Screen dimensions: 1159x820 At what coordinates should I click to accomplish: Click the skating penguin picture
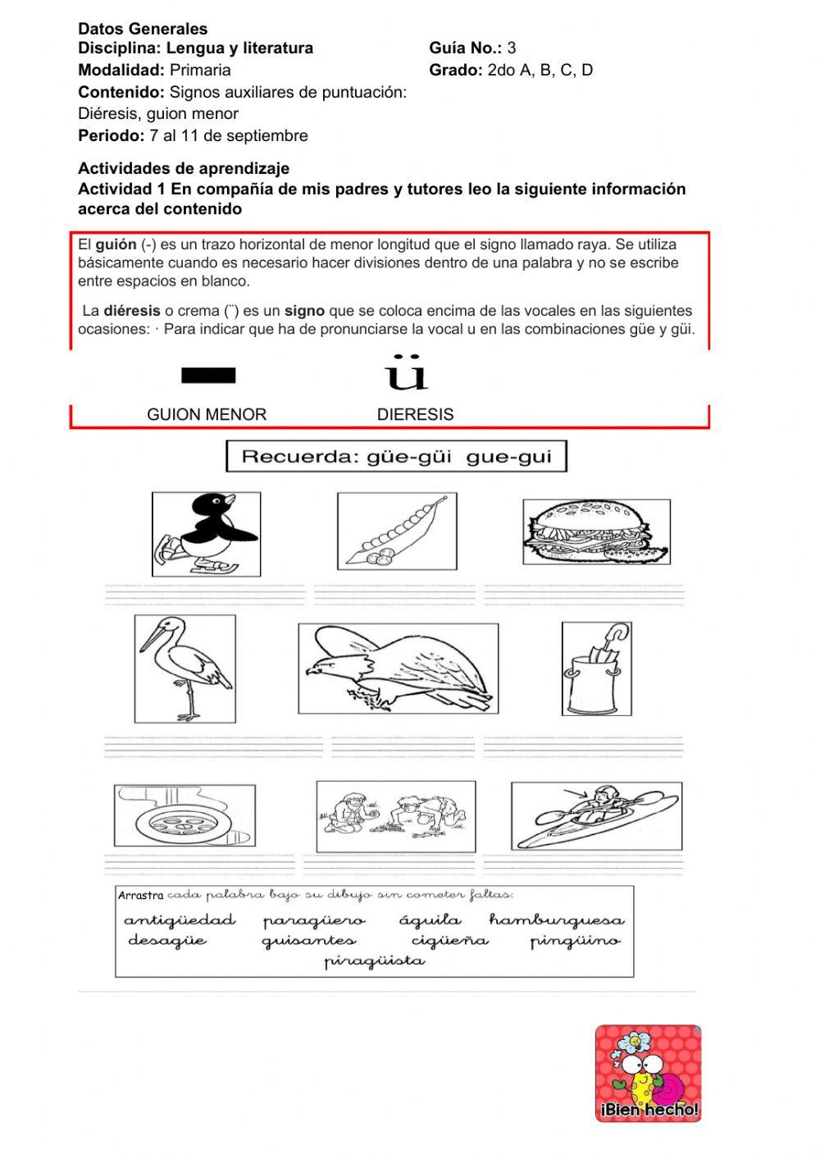coord(207,533)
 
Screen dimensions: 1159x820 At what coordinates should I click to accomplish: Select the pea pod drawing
coord(397,531)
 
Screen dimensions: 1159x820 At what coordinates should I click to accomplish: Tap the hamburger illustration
coord(596,532)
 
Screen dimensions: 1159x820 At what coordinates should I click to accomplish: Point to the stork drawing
coord(185,668)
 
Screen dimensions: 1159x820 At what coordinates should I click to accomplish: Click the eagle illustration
coord(398,668)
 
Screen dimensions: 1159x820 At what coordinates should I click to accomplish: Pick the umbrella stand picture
coord(596,668)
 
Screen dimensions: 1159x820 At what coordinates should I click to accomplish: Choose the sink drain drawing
coord(184,820)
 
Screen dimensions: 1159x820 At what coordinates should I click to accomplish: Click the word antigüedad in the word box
coord(180,920)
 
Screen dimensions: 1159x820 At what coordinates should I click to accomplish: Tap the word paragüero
coord(314,921)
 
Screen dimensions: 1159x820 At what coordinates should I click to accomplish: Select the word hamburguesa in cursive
coord(557,920)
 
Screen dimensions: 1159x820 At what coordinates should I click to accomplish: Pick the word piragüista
coord(374,961)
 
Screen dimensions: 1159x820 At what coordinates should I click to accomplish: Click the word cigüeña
coord(449,941)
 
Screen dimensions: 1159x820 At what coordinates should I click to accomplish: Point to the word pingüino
coord(575,941)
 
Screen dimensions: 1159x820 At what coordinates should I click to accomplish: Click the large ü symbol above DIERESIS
coord(407,373)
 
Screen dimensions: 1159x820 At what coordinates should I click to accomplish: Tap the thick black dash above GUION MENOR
coord(208,376)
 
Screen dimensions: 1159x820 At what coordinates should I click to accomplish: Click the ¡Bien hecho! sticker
coord(648,1073)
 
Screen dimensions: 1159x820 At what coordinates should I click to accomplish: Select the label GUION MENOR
coord(207,414)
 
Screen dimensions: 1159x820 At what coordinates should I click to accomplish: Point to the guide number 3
coord(512,48)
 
